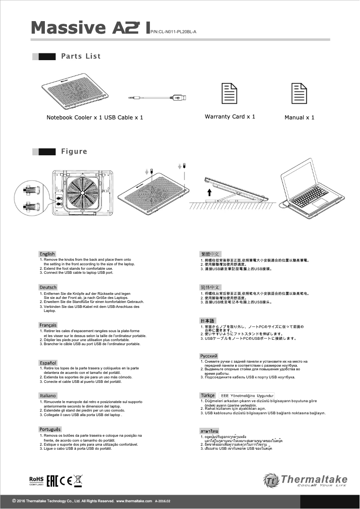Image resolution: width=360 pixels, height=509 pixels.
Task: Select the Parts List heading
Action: [81, 56]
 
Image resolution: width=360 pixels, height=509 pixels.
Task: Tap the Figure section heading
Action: [74, 151]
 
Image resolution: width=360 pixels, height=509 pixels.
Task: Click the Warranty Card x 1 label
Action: [230, 117]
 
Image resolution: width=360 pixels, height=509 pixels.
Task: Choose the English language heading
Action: [48, 254]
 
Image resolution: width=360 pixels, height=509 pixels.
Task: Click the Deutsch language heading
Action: [48, 287]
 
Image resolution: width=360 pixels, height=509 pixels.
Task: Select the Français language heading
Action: [48, 325]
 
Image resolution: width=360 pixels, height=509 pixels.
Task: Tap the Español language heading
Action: [48, 362]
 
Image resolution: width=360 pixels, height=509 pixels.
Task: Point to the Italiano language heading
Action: [48, 395]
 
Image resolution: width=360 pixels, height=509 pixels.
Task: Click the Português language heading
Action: [50, 430]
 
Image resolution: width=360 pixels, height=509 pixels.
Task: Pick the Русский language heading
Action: [209, 356]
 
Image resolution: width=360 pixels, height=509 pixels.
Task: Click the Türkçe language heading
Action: [207, 395]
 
